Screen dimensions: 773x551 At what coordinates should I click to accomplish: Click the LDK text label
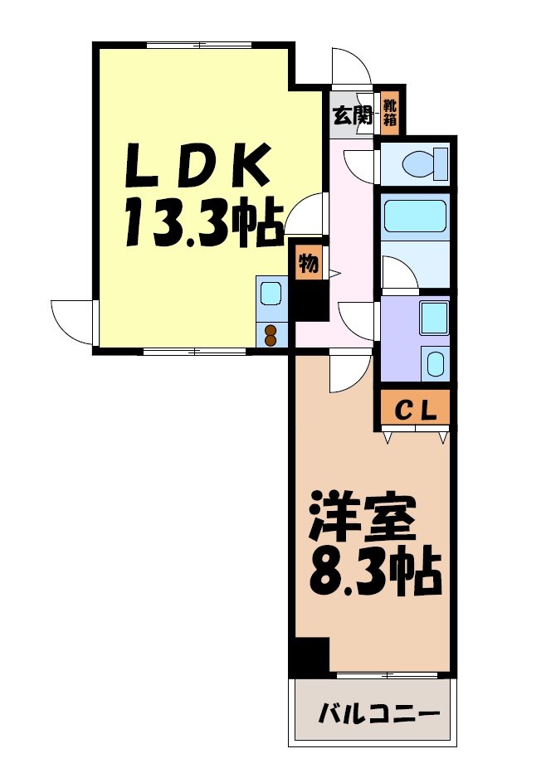(197, 166)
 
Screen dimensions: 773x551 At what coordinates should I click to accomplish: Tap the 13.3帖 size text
(203, 224)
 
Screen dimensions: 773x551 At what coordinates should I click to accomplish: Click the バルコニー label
(378, 712)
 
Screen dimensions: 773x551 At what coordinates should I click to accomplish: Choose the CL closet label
(415, 409)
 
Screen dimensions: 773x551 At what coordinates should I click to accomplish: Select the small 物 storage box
(307, 264)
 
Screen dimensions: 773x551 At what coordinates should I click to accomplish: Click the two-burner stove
(271, 334)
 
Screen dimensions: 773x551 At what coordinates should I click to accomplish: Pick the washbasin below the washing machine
(434, 362)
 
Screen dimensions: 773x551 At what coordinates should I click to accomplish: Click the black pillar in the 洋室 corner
(311, 656)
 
